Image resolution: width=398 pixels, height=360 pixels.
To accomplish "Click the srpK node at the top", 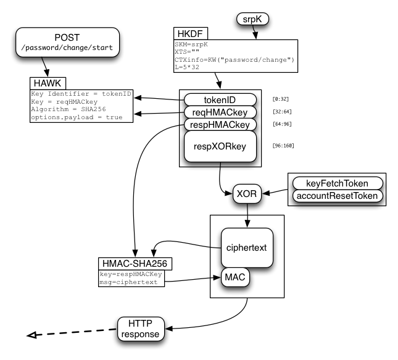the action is point(252,19).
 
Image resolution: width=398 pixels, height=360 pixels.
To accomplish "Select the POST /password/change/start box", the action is point(67,42).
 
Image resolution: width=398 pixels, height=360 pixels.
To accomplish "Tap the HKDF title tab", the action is point(191,33).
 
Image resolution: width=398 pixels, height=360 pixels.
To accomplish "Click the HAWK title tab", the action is point(48,83).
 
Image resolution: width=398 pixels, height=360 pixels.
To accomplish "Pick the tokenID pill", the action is point(220,100).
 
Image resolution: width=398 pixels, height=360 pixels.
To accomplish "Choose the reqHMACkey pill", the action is point(220,112).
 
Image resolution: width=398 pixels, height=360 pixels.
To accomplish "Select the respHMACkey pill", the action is point(220,125).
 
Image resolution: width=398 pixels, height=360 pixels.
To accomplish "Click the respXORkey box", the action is point(220,146).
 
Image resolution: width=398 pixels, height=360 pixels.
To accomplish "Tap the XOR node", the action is point(247,194).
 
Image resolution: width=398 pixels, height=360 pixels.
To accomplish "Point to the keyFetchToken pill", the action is point(338,183).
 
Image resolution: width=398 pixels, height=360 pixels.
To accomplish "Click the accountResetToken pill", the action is point(338,196).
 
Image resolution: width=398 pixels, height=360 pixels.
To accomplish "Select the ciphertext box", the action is point(247,248).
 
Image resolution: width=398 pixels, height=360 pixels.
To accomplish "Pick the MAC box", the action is point(235,277).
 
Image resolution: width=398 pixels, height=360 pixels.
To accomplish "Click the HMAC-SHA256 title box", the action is point(135,264).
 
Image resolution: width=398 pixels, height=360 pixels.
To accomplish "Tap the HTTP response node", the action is point(141,329).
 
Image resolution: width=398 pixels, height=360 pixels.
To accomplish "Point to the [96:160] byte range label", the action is point(283,146).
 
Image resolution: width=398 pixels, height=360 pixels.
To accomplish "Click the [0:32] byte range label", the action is point(281,99).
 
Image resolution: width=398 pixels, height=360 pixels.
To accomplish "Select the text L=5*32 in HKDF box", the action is point(187,67).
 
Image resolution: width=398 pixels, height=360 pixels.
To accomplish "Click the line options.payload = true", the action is point(77,117).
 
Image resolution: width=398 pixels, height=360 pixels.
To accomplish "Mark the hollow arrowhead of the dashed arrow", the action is point(31,335).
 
